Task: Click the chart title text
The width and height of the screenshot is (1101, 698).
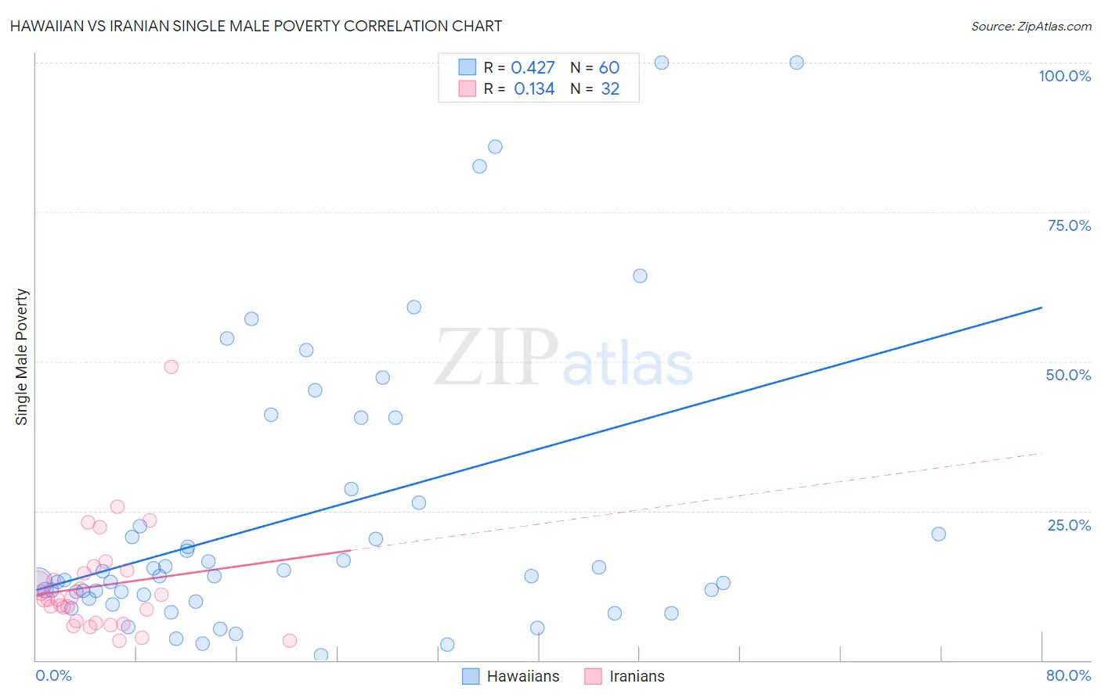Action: tap(256, 26)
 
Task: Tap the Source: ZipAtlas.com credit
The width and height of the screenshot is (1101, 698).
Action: tap(1031, 26)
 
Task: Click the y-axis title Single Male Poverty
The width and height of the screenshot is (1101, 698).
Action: tap(22, 357)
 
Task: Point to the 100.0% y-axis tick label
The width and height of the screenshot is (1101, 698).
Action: tap(1064, 76)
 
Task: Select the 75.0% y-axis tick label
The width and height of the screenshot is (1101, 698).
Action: tap(1069, 225)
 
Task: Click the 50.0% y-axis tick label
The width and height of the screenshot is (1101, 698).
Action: tap(1068, 375)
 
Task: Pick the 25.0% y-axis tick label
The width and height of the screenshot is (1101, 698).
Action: tap(1069, 524)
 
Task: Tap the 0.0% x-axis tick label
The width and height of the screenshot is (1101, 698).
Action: tap(54, 675)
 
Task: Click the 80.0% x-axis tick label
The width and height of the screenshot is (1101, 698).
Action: tap(1068, 675)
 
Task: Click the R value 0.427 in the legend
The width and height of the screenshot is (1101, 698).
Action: tap(532, 68)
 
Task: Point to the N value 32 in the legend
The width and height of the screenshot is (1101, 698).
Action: tap(610, 89)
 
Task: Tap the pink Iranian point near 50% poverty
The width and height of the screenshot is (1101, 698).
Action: tap(171, 366)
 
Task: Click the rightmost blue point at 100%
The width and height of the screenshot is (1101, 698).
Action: tap(796, 63)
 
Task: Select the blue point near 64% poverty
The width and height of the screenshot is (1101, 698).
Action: tap(640, 275)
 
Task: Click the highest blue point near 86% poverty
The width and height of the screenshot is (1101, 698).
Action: tap(495, 146)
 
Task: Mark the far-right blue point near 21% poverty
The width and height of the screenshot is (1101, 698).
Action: tap(938, 534)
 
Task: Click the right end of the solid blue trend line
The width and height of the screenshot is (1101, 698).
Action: tap(1041, 308)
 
